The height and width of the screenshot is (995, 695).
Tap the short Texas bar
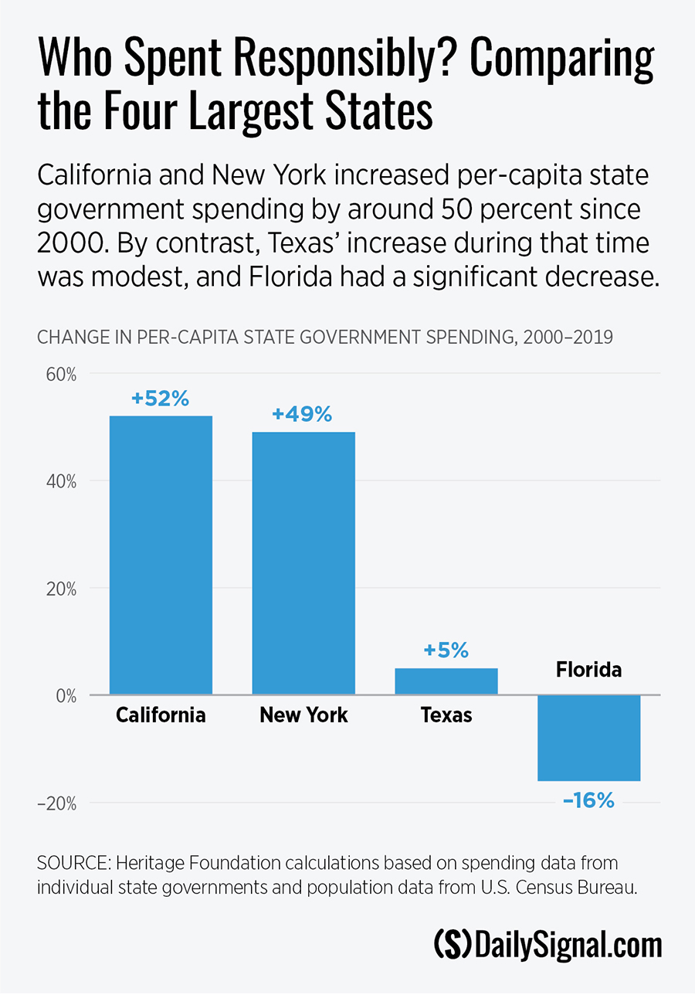point(446,681)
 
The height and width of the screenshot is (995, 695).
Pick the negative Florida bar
point(589,738)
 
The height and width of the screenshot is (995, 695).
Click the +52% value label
point(160,399)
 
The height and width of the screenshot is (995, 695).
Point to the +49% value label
point(302,415)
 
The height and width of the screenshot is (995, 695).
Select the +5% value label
point(446,650)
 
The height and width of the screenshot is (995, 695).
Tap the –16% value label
point(589,801)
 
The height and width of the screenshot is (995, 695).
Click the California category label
point(161,715)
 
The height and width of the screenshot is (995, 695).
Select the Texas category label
point(446,715)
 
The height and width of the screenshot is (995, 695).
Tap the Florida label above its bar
point(588,670)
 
